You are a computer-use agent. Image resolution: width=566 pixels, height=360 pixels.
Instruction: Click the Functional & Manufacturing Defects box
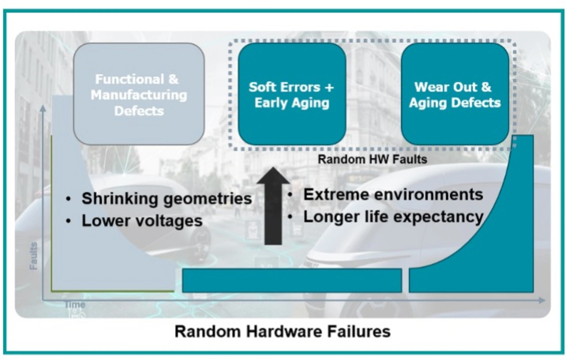(139, 94)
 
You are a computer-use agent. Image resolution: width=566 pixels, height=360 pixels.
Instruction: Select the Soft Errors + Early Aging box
(292, 94)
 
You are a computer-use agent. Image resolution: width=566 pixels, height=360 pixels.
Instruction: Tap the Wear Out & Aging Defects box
(455, 94)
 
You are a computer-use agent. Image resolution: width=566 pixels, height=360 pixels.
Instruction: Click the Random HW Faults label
(372, 160)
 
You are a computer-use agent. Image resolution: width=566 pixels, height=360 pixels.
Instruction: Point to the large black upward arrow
(273, 206)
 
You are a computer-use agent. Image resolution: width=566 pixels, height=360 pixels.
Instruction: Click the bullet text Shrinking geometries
(167, 199)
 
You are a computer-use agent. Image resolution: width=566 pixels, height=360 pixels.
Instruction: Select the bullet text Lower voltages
(142, 221)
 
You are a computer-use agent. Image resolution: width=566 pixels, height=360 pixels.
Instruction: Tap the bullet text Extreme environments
(393, 195)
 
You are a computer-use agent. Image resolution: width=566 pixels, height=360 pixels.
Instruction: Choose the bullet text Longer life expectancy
(394, 217)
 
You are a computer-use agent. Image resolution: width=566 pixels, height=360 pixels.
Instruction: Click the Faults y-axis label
(33, 256)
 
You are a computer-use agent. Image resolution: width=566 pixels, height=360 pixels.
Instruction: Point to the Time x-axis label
(75, 305)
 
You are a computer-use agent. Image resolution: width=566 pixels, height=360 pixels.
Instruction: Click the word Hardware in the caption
(284, 331)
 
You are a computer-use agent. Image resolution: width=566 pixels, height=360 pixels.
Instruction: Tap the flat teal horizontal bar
(292, 281)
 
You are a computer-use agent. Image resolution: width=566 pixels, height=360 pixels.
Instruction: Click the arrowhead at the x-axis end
(542, 300)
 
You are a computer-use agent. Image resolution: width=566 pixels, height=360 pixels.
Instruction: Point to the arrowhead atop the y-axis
(43, 108)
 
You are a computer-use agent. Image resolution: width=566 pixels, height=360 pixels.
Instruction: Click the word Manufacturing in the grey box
(139, 96)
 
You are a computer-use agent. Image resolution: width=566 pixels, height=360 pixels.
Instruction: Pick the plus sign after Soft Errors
(329, 88)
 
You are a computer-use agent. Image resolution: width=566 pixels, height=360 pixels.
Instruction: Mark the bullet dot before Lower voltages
(68, 221)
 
